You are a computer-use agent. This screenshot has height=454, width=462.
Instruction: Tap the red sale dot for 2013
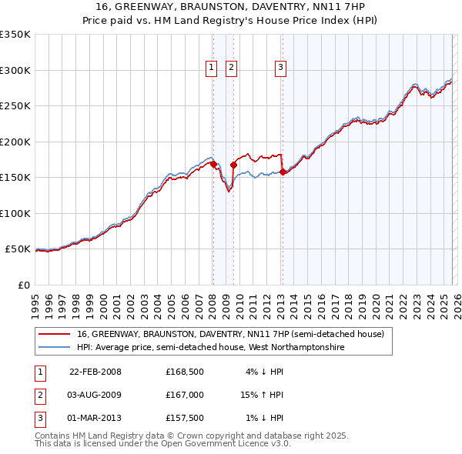pos(283,172)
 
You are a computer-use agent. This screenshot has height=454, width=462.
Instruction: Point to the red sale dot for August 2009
pos(233,165)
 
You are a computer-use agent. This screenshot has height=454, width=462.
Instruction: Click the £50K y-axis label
pos(18,249)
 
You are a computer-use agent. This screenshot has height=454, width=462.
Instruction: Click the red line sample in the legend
pos(54,335)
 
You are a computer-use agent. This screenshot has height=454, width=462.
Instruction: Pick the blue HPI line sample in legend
pos(54,348)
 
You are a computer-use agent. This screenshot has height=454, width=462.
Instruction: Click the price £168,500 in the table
pos(184,372)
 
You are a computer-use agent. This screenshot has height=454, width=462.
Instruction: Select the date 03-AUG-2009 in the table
pos(95,395)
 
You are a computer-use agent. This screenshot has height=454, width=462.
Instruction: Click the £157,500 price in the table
pos(184,418)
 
